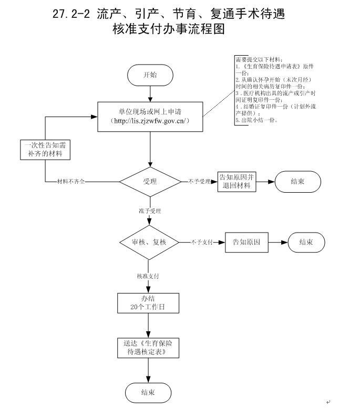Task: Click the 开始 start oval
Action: pyautogui.click(x=150, y=75)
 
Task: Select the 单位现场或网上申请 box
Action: pyautogui.click(x=150, y=117)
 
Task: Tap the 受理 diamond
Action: pyautogui.click(x=150, y=182)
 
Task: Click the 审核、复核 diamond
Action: pyautogui.click(x=150, y=242)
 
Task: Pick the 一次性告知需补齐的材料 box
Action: pyautogui.click(x=45, y=149)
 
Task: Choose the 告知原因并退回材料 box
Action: pyautogui.click(x=236, y=181)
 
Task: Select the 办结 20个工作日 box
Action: pyautogui.click(x=149, y=303)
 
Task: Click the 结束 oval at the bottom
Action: pyautogui.click(x=148, y=392)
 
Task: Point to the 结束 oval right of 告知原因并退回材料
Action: pyautogui.click(x=297, y=181)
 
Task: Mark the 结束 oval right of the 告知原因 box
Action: pyautogui.click(x=306, y=242)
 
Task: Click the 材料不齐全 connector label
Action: pyautogui.click(x=71, y=182)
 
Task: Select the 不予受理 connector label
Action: pyautogui.click(x=199, y=182)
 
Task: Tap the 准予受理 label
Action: pyautogui.click(x=150, y=211)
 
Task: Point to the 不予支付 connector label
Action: pyautogui.click(x=201, y=242)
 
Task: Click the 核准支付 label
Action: pyautogui.click(x=148, y=276)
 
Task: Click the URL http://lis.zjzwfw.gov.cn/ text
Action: pyautogui.click(x=150, y=121)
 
